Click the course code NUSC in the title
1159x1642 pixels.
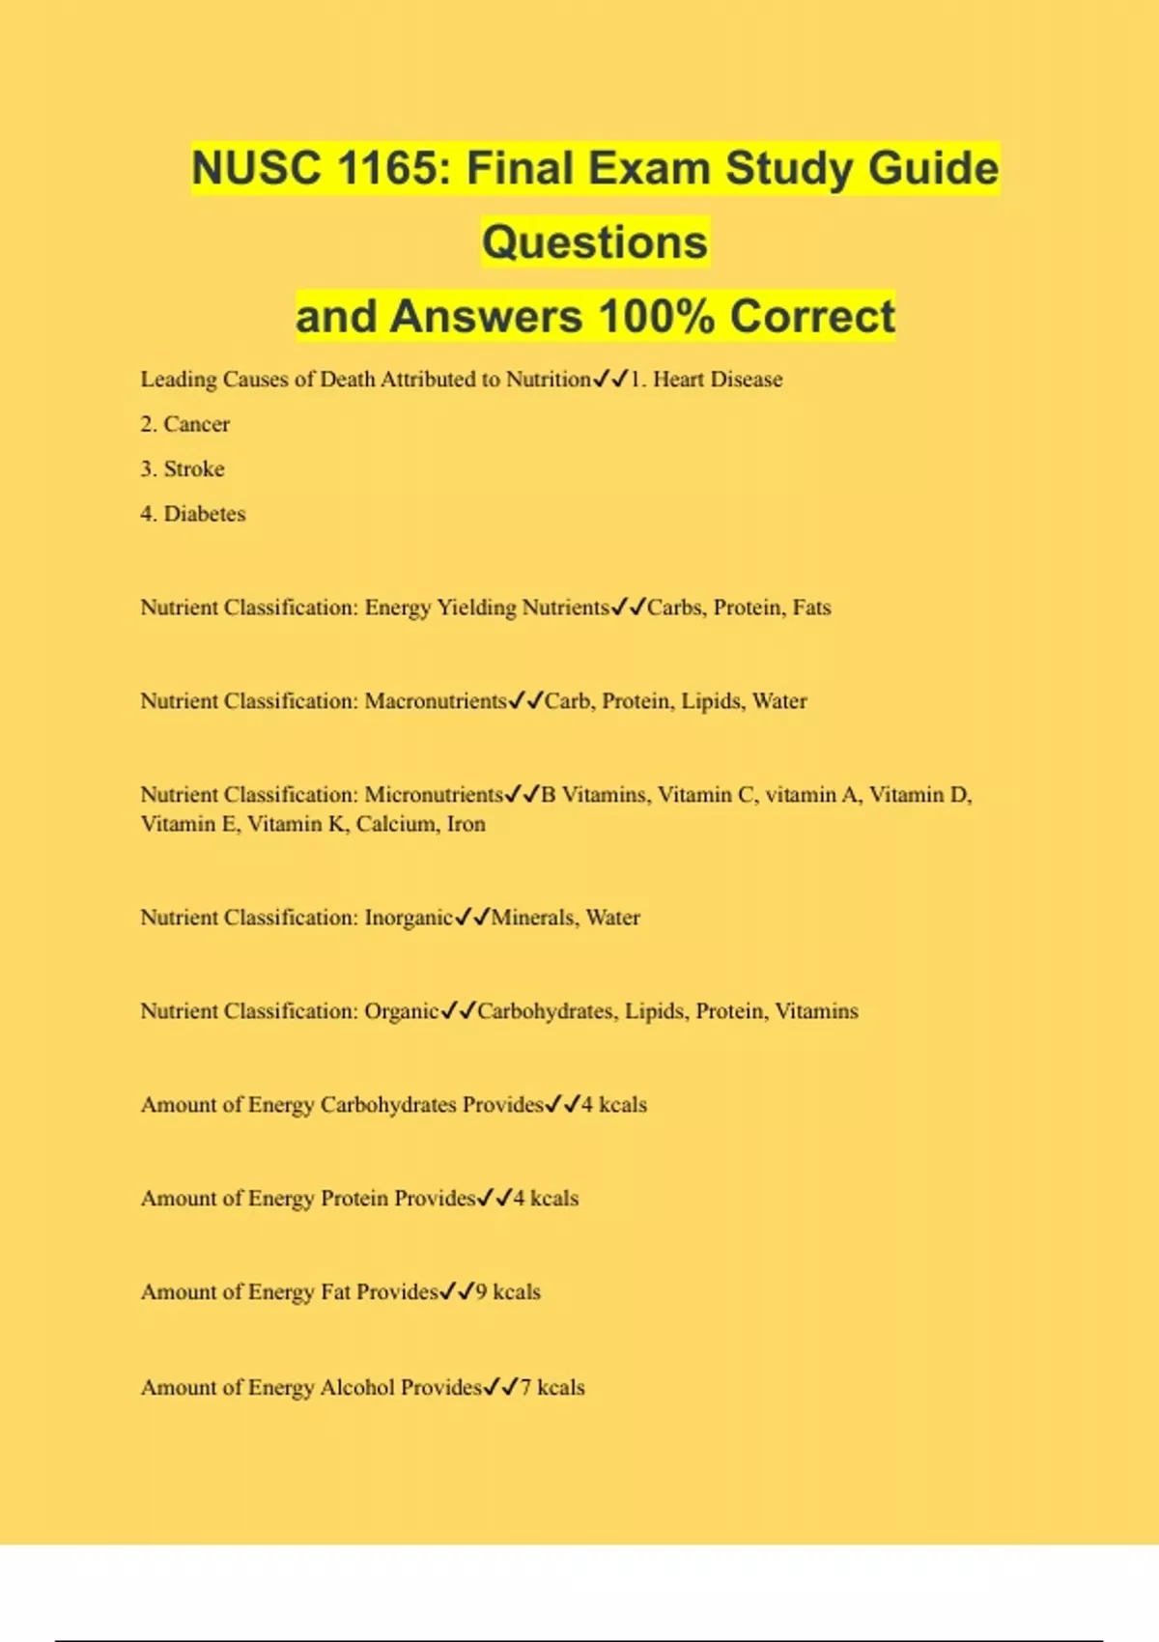[255, 168]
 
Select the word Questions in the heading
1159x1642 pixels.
[595, 242]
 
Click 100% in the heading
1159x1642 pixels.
[656, 317]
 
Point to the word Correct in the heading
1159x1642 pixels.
[812, 317]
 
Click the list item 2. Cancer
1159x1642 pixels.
[185, 424]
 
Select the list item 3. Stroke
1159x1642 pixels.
[183, 469]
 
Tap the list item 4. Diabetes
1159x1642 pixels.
[193, 514]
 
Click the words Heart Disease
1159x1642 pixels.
[717, 380]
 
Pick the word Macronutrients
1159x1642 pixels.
[435, 701]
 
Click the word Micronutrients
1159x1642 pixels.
[434, 795]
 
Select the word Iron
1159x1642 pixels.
[466, 824]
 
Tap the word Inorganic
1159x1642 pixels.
[409, 918]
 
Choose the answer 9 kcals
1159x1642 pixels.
[508, 1292]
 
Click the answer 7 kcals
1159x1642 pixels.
[552, 1388]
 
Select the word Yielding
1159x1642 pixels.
[476, 608]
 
